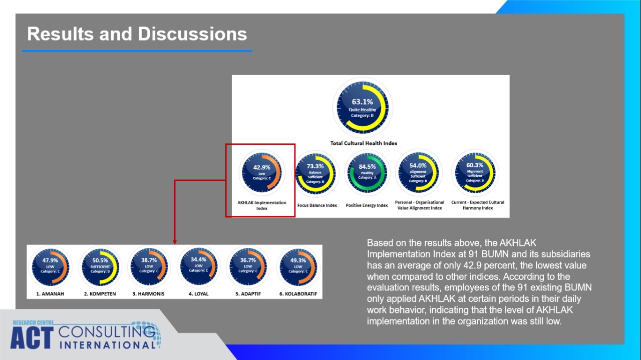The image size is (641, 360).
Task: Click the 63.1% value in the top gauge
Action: tap(362, 102)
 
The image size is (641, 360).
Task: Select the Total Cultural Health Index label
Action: tap(364, 143)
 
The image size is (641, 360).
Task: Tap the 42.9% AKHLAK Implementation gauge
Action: tap(261, 173)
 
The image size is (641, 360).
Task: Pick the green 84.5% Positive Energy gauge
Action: tap(367, 173)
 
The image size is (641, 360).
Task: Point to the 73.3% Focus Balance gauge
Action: tap(315, 173)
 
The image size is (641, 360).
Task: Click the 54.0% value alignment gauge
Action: tap(418, 172)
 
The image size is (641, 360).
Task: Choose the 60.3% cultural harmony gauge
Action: tap(475, 172)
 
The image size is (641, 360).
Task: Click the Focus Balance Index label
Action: tap(317, 205)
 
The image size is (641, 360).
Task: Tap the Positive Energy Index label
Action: tap(367, 205)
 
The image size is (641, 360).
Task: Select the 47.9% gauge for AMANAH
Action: tap(51, 267)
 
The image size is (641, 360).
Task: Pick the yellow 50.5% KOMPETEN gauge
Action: tap(100, 267)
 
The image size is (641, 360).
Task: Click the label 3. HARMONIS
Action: tap(148, 294)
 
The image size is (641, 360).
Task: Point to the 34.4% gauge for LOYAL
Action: tap(199, 266)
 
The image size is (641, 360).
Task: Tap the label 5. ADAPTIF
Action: tap(248, 294)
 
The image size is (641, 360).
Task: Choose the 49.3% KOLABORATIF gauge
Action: tap(298, 267)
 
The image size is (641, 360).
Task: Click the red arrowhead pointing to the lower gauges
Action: tap(175, 242)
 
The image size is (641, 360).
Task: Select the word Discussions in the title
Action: tap(192, 34)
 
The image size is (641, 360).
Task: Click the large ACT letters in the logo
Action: tap(32, 338)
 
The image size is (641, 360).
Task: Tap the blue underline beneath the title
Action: tap(137, 51)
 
